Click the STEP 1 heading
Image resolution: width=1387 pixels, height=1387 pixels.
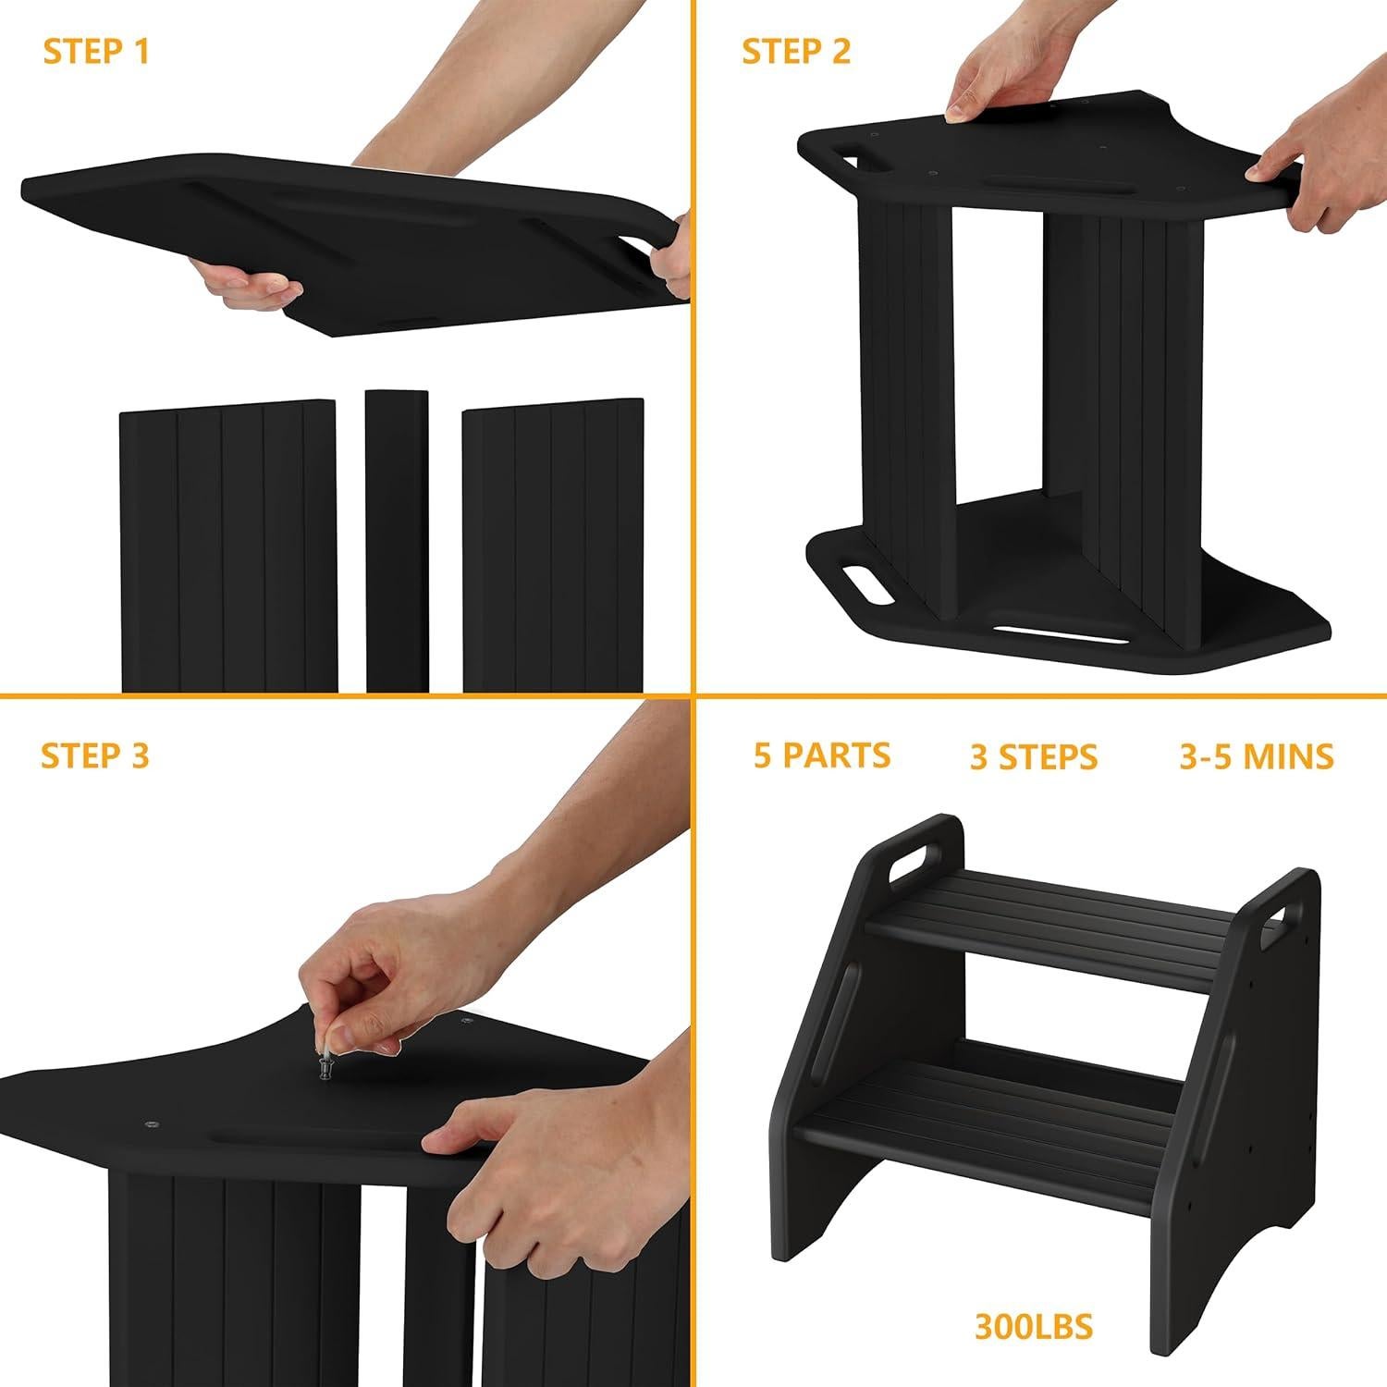click(96, 53)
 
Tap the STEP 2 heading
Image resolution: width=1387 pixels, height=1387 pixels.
click(796, 53)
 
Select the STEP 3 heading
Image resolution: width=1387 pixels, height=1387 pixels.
click(95, 755)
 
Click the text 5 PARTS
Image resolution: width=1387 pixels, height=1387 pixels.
click(822, 755)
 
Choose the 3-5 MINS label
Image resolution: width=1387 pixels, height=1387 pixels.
click(1257, 756)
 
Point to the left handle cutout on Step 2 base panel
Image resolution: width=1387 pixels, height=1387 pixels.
click(860, 586)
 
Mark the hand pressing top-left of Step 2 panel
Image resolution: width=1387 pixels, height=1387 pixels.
click(994, 79)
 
